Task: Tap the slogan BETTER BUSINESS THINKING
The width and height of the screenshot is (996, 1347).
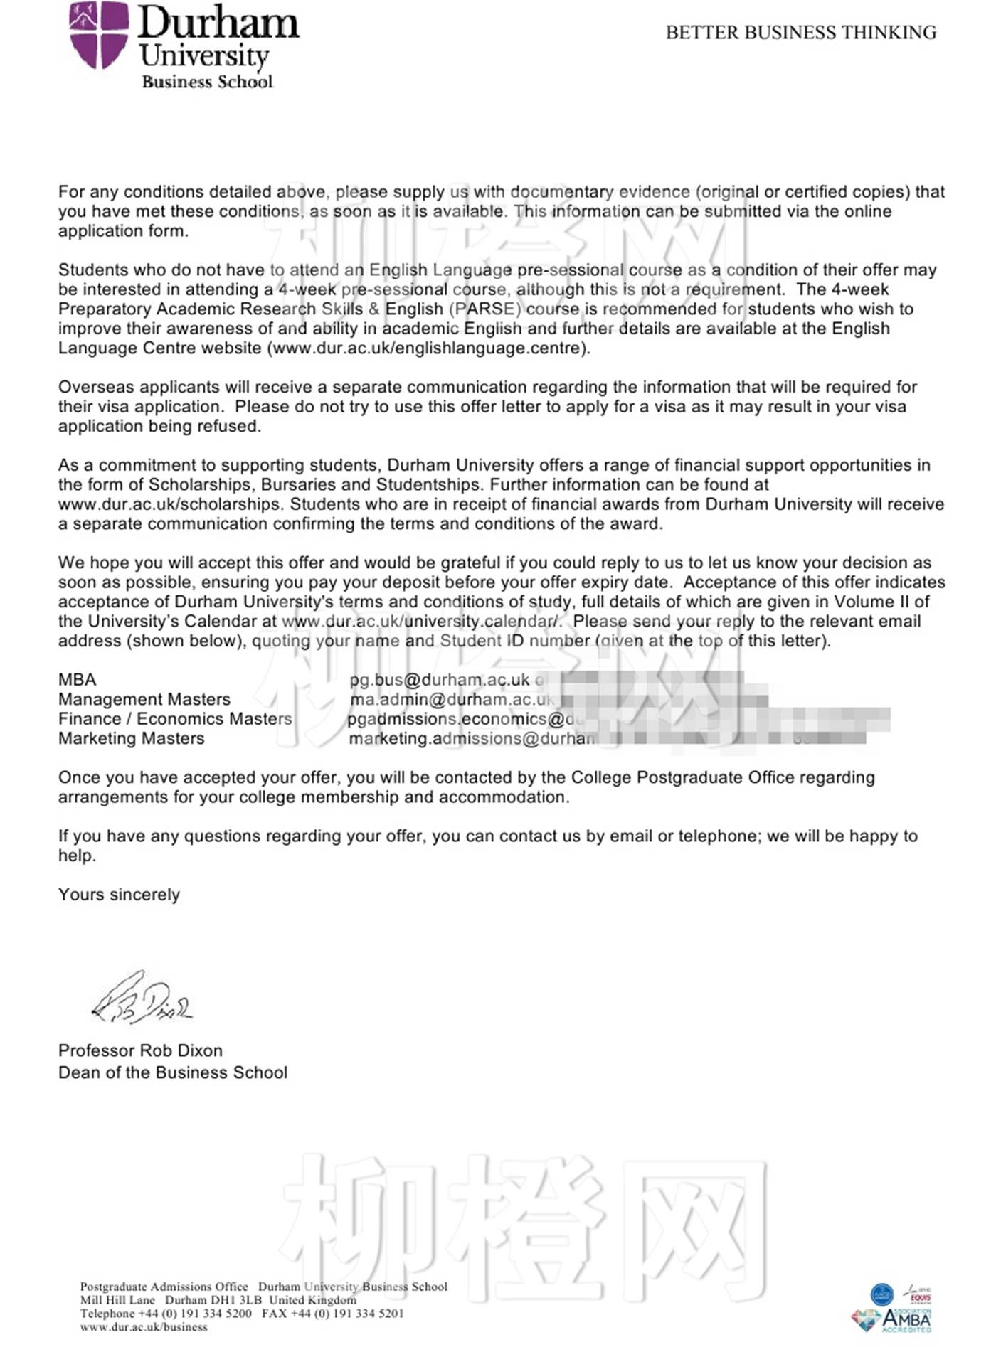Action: pyautogui.click(x=800, y=33)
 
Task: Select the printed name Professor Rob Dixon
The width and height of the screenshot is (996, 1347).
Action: pyautogui.click(x=140, y=1050)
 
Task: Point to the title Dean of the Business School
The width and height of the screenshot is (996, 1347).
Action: pyautogui.click(x=173, y=1072)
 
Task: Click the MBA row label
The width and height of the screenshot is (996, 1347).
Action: pyautogui.click(x=77, y=680)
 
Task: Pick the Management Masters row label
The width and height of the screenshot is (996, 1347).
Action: pyautogui.click(x=144, y=699)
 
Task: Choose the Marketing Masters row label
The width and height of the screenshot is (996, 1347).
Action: pyautogui.click(x=132, y=738)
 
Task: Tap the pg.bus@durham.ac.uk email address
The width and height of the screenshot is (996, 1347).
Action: pyautogui.click(x=440, y=680)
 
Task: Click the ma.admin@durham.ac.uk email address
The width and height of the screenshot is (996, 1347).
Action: pyautogui.click(x=452, y=699)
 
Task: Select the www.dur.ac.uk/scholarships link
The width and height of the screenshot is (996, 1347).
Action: pyautogui.click(x=169, y=504)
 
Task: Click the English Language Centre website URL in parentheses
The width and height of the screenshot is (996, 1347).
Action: pyautogui.click(x=428, y=348)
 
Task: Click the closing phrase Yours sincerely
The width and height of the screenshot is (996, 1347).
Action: pyautogui.click(x=119, y=895)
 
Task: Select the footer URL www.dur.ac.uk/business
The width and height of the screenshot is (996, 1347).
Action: pyautogui.click(x=144, y=1326)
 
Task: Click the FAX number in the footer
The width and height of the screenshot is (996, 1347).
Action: pyautogui.click(x=333, y=1314)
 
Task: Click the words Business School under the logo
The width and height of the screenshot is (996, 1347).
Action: pyautogui.click(x=207, y=82)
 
